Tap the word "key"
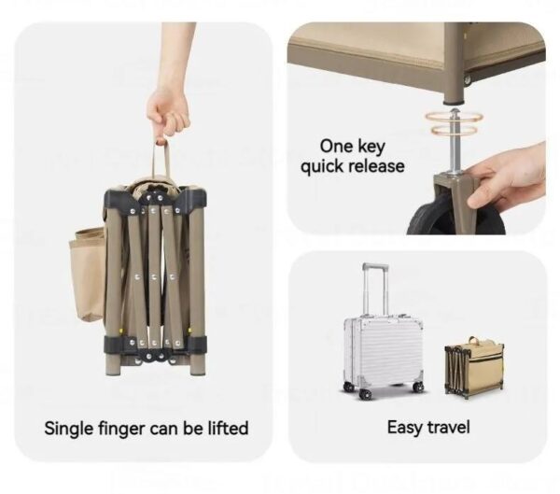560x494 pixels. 371,148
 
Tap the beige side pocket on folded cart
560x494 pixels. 87,274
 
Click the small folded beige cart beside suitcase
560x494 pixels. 474,366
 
